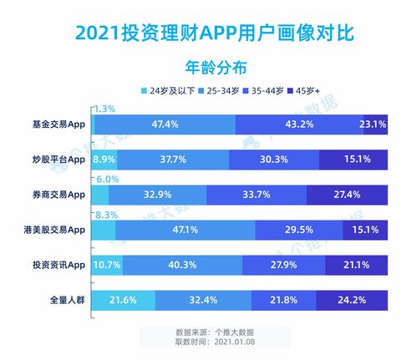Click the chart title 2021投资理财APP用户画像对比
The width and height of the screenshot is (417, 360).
[x=208, y=32]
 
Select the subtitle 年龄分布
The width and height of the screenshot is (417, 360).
[x=208, y=65]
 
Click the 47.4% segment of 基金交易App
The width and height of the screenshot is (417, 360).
[x=165, y=124]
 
